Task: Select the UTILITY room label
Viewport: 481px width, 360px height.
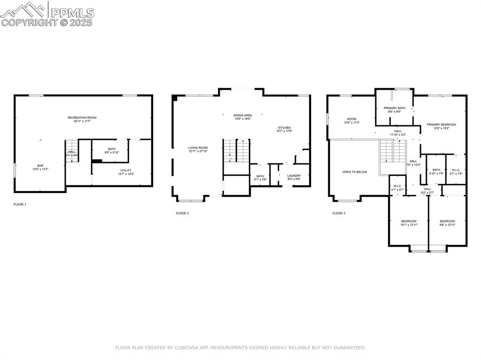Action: point(126,170)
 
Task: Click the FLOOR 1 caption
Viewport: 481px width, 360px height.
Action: point(20,204)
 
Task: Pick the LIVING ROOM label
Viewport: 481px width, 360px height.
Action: point(198,148)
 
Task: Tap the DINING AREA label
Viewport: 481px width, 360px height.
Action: point(243,115)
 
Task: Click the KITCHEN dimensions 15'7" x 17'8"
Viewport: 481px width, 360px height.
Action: point(284,131)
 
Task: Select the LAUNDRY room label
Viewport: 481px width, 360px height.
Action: point(294,176)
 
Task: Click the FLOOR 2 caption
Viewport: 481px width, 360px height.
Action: point(182,213)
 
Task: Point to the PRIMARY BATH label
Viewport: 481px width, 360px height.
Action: point(395,108)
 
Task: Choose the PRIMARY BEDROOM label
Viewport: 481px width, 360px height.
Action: point(441,124)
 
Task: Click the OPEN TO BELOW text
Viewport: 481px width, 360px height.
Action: point(355,172)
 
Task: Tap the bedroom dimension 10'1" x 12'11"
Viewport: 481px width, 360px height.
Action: point(409,225)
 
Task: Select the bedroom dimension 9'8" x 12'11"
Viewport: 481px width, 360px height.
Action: point(447,225)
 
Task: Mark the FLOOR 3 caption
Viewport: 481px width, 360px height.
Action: point(339,213)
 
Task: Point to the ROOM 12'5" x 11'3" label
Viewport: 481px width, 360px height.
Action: point(352,119)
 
